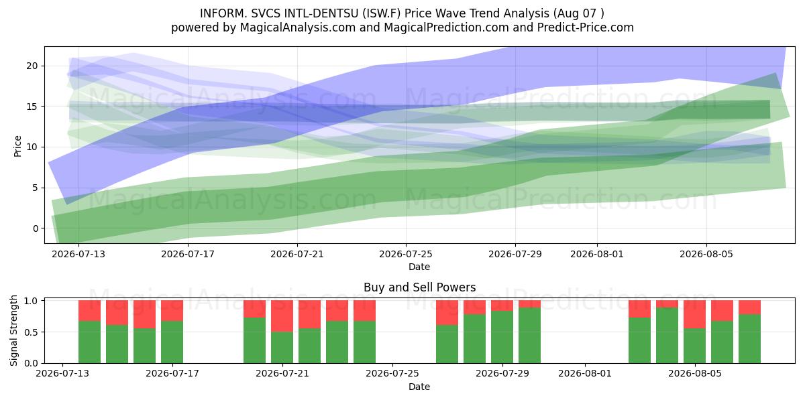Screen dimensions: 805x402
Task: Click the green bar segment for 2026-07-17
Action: [x=172, y=342]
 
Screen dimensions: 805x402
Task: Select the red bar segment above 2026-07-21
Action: [x=282, y=316]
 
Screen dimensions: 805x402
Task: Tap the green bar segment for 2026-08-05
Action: [x=695, y=346]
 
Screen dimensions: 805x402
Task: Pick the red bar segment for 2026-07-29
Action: [x=502, y=306]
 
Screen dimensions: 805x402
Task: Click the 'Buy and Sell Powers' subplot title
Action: [x=419, y=287]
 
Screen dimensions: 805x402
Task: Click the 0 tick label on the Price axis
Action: [x=35, y=228]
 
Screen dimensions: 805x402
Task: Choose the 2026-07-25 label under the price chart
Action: [x=406, y=254]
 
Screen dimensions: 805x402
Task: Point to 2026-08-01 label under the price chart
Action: [x=597, y=254]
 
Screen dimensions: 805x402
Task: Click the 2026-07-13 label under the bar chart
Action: [x=62, y=373]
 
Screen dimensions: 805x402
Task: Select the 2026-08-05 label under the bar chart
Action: [x=695, y=373]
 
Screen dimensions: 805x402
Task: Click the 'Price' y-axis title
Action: [x=17, y=146]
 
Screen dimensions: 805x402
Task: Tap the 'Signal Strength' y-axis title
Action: [x=13, y=330]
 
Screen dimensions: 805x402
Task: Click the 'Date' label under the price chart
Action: [x=419, y=267]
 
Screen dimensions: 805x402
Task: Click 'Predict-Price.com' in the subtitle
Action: [x=586, y=27]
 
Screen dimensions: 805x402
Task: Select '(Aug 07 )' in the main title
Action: [x=578, y=13]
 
